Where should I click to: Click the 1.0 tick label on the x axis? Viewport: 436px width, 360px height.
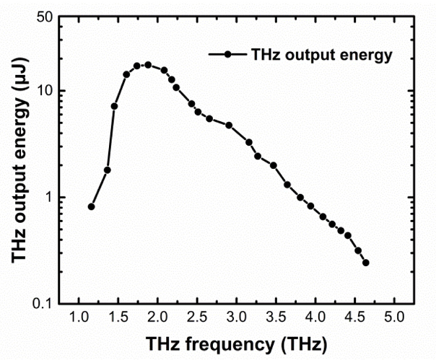pyautogui.click(x=77, y=317)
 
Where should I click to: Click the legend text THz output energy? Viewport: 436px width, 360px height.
pyautogui.click(x=321, y=53)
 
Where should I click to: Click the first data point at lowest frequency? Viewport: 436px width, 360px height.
pyautogui.click(x=92, y=206)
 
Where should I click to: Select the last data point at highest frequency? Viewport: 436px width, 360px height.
pyautogui.click(x=366, y=263)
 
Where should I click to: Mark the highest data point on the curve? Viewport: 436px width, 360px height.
pyautogui.click(x=148, y=64)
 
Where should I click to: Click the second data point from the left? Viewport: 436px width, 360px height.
pyautogui.click(x=108, y=170)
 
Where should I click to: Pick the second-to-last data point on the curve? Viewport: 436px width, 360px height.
pyautogui.click(x=358, y=250)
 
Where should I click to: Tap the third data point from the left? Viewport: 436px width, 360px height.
pyautogui.click(x=114, y=106)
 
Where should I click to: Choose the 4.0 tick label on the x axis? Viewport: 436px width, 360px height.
pyautogui.click(x=315, y=317)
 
